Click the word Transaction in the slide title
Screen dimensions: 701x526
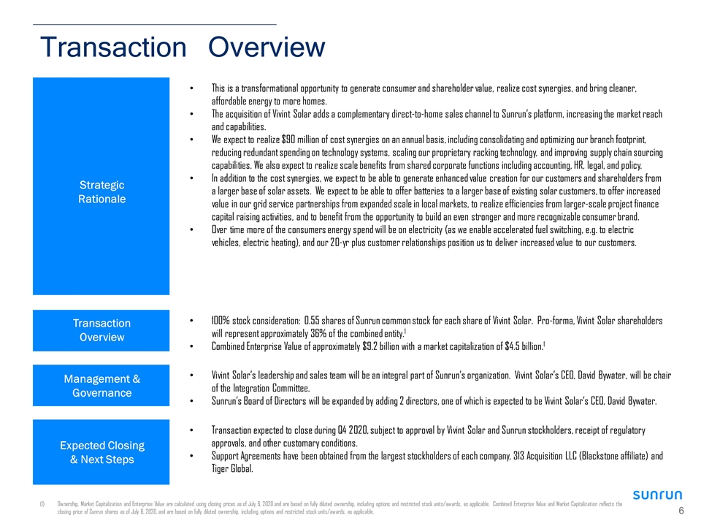113,47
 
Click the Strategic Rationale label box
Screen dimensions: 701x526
101,186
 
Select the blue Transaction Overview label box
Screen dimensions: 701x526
101,330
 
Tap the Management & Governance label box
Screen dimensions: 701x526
101,385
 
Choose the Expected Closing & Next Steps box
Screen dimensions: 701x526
101,451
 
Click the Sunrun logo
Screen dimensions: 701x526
657,495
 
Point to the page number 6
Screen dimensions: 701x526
681,511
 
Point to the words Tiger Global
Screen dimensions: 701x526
232,469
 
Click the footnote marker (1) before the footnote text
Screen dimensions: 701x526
42,504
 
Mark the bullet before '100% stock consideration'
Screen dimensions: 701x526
192,321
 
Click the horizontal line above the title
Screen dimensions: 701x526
155,24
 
